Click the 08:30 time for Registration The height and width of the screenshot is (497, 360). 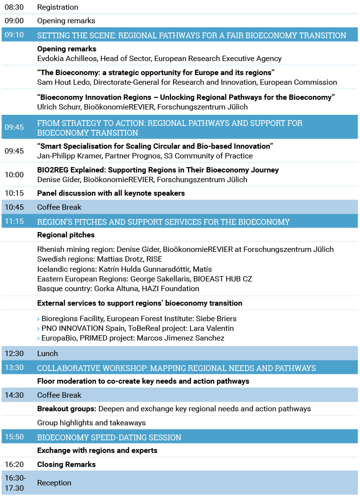14,7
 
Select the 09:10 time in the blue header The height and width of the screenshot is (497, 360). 14,35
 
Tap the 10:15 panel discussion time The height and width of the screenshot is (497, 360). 14,193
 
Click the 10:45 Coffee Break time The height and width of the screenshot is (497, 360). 14,207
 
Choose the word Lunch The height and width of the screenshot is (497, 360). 47,354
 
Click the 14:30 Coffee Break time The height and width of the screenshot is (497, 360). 14,395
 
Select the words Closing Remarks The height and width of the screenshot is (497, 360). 66,465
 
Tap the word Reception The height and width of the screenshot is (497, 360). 54,483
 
